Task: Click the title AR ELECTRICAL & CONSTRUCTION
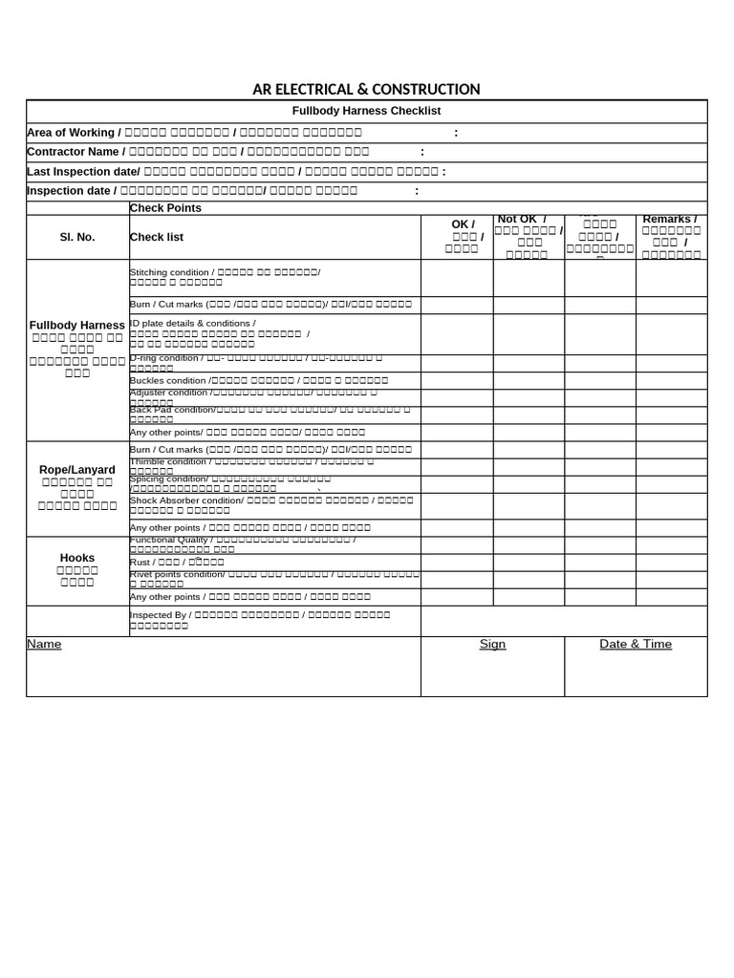(x=366, y=90)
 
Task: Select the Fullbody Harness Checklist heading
(x=366, y=111)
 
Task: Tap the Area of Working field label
(x=72, y=133)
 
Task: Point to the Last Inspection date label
(x=82, y=172)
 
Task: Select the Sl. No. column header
(x=77, y=237)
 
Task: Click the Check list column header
(x=157, y=237)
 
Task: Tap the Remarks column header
(x=669, y=220)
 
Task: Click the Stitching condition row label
(x=169, y=272)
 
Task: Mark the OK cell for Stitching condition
(x=457, y=278)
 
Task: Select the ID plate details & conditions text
(x=192, y=324)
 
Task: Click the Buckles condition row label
(x=168, y=380)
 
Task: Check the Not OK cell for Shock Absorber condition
(x=529, y=506)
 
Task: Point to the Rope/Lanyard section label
(x=77, y=470)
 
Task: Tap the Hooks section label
(x=77, y=558)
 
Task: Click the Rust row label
(x=140, y=563)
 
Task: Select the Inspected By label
(x=158, y=615)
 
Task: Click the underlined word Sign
(x=492, y=645)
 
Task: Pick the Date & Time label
(x=636, y=645)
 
